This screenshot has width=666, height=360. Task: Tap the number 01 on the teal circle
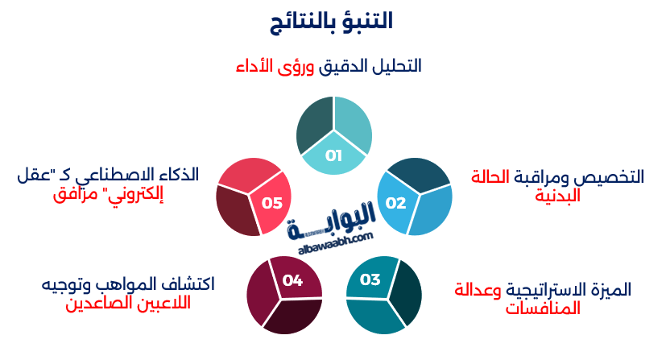point(333,155)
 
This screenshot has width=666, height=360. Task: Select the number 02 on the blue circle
point(395,202)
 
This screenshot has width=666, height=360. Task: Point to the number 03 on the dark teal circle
point(370,280)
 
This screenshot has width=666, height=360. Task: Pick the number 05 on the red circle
point(272,203)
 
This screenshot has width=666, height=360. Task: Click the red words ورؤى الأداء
point(275,66)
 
